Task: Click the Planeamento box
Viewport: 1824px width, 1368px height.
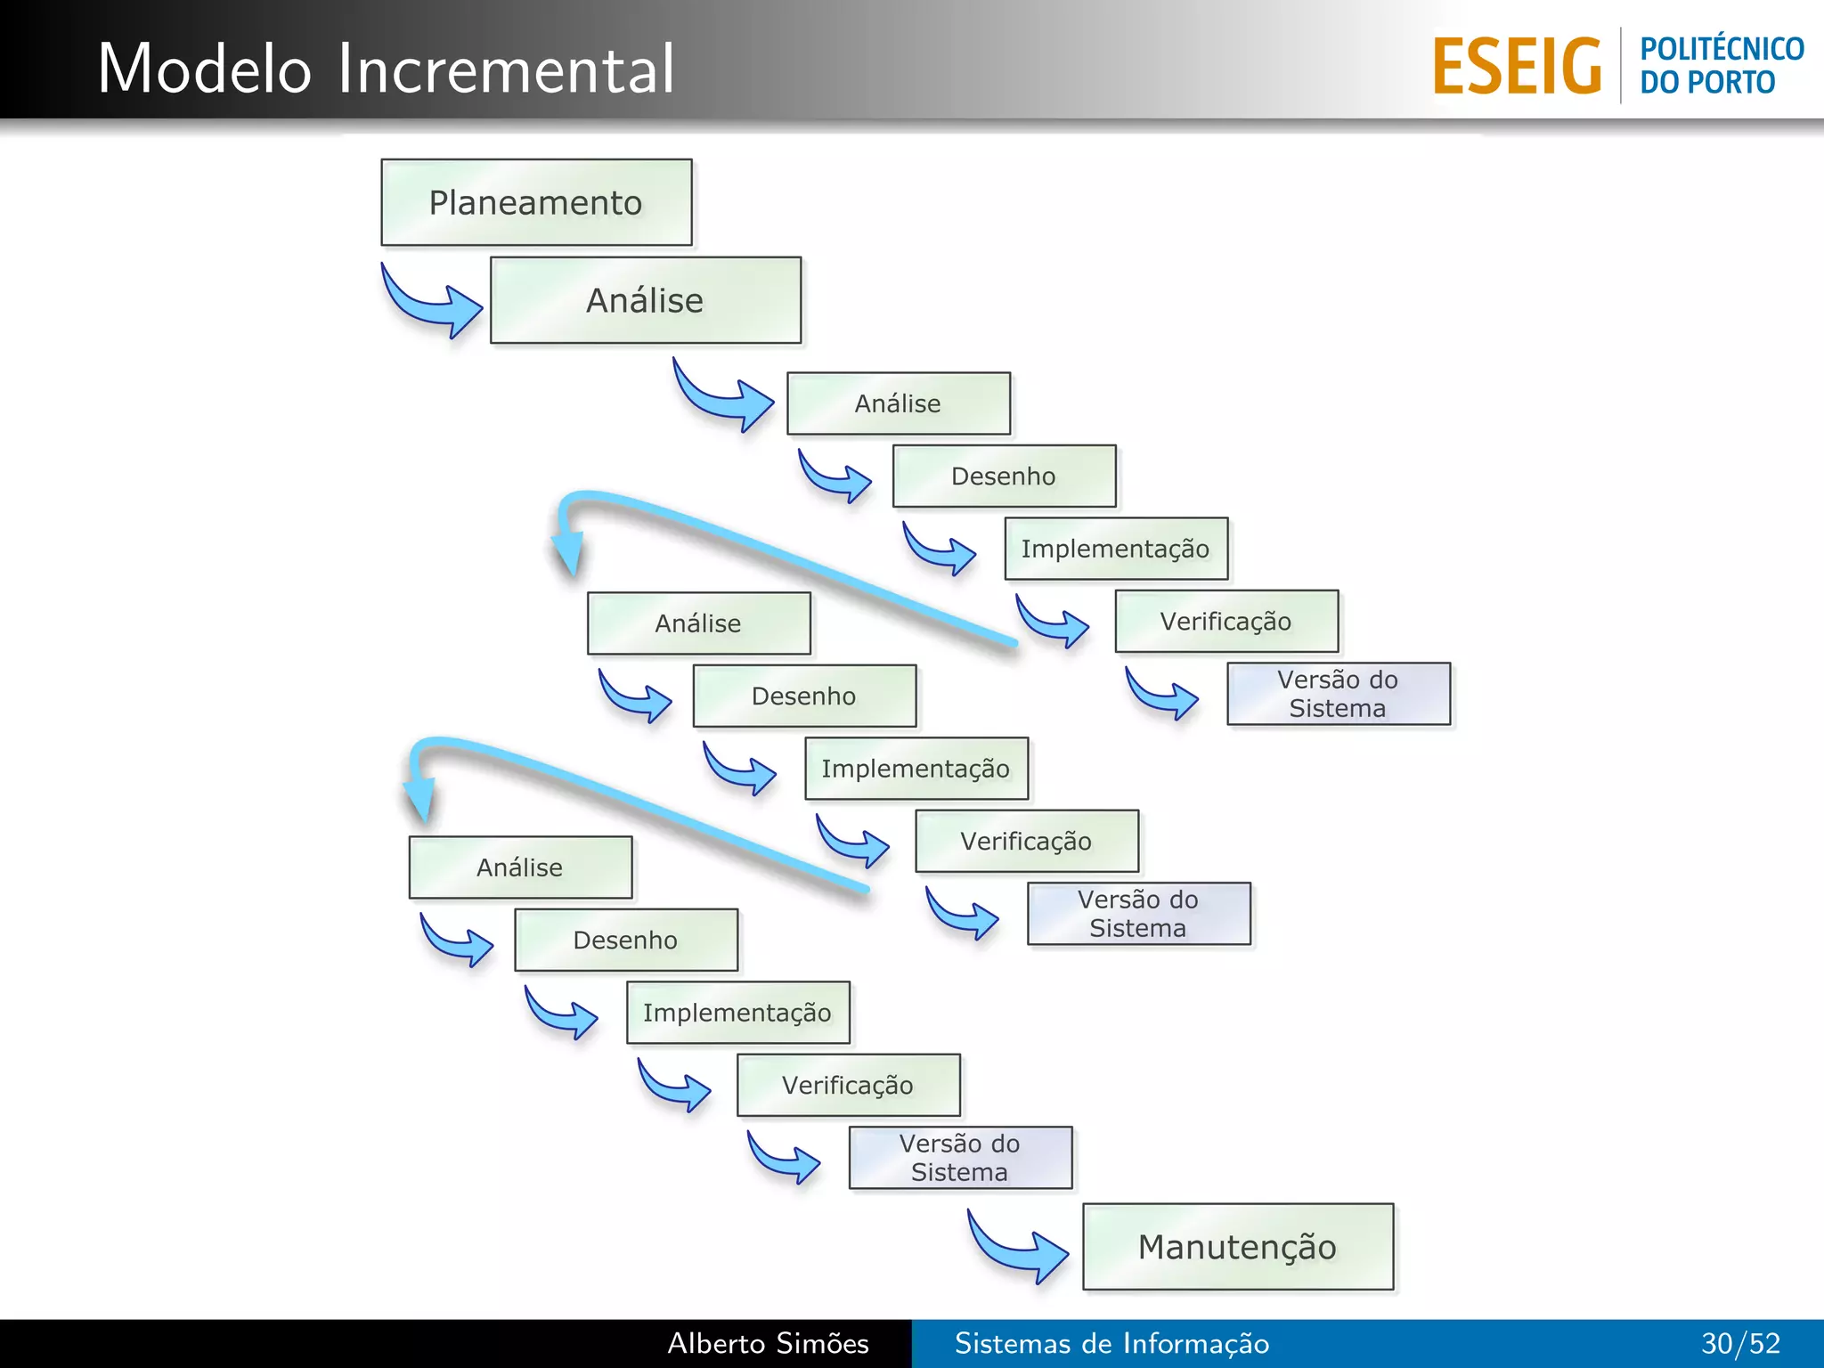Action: (536, 202)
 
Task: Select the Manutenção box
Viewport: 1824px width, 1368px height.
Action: (1237, 1246)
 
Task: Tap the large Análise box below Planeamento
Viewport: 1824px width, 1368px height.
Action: (645, 300)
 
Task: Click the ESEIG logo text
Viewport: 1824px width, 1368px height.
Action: (1516, 66)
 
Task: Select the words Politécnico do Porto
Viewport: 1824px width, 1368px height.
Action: (1721, 65)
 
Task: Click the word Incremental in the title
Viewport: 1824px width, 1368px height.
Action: (506, 69)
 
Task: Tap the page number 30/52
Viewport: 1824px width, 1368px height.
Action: (1740, 1343)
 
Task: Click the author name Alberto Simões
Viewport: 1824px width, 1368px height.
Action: (768, 1343)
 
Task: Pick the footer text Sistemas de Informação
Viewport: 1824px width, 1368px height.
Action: (1111, 1343)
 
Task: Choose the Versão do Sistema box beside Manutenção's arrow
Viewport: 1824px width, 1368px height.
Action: (960, 1157)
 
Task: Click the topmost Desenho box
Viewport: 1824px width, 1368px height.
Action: (1004, 476)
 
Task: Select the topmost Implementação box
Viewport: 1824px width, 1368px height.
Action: (1116, 549)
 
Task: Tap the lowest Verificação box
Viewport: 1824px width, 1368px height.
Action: (848, 1085)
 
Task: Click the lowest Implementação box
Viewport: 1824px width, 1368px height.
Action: (737, 1013)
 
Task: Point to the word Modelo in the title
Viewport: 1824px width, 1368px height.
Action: (205, 69)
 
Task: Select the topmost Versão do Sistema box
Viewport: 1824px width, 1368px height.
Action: (1338, 694)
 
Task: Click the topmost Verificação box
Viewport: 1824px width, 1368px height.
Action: (1226, 621)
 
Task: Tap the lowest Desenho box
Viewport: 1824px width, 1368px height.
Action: (625, 940)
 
